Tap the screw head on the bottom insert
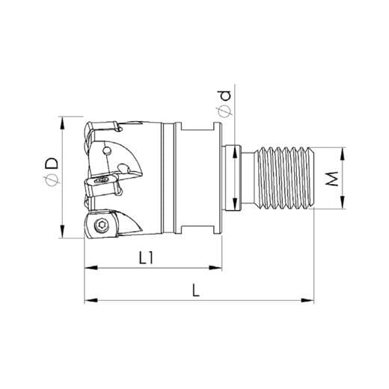[x=100, y=227]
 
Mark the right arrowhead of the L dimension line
[x=307, y=301]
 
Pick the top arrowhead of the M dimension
[x=342, y=153]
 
